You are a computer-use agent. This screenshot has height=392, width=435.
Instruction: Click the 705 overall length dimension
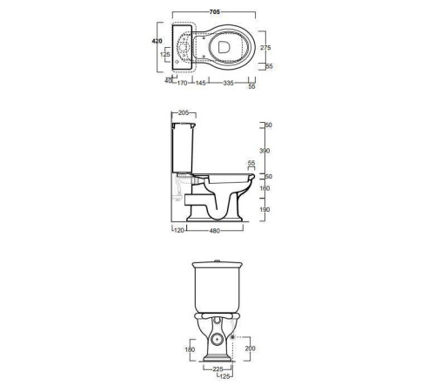tap(215, 12)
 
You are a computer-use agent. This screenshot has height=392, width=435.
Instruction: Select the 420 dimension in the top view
tap(157, 41)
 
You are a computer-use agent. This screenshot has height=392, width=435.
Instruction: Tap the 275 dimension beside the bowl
tap(265, 48)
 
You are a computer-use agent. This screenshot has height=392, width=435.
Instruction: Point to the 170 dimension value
tap(182, 83)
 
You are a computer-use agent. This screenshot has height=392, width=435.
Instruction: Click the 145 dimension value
tap(200, 83)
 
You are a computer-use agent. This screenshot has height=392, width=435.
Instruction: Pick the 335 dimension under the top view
tap(228, 83)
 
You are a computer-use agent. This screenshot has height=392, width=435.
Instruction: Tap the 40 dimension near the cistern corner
tap(168, 81)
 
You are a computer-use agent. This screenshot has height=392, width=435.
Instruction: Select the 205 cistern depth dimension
tap(184, 112)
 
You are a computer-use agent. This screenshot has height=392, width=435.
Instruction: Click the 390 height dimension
tap(264, 151)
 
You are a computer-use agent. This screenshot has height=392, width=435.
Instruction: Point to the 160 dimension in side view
tap(264, 188)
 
